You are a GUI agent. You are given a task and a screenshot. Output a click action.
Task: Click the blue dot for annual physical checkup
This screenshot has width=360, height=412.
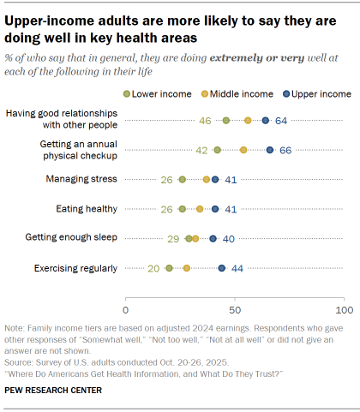[270, 150]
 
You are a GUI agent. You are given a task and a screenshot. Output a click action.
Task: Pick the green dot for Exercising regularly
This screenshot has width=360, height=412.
[170, 268]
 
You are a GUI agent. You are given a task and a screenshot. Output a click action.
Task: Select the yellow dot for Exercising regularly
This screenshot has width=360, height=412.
[187, 268]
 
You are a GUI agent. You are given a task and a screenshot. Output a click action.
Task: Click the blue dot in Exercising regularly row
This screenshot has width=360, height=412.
[222, 268]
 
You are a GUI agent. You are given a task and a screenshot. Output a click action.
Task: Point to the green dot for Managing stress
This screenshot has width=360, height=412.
[183, 179]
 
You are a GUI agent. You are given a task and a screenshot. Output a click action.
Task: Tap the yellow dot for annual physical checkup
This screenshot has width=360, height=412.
[243, 150]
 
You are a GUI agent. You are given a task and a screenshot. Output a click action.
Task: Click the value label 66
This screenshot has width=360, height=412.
[285, 150]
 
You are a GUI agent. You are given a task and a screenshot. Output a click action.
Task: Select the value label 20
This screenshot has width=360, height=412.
[153, 268]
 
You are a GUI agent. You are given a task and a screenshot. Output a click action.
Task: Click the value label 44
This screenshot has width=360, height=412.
[237, 268]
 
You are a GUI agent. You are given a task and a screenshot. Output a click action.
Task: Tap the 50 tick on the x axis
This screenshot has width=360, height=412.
[235, 308]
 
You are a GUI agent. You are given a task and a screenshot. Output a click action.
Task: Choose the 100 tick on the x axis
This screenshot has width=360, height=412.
[344, 308]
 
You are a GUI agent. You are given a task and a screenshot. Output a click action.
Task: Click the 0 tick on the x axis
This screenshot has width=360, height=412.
[126, 308]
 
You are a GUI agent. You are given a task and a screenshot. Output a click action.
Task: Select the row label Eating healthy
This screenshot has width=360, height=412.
[87, 209]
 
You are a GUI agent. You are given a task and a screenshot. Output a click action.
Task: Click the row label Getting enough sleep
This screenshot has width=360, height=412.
[76, 238]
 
